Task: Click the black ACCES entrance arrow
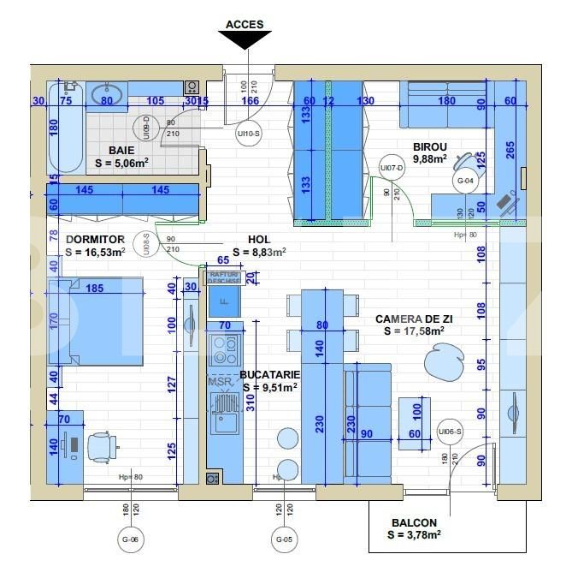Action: point(245,39)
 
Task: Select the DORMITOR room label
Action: point(95,240)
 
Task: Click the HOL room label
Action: point(260,241)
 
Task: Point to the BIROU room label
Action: point(430,146)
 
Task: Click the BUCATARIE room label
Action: point(269,374)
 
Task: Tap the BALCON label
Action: point(415,522)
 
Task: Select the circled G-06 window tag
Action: point(130,539)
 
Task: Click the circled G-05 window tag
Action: point(285,539)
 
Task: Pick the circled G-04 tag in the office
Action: point(465,181)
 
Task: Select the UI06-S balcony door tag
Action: point(449,432)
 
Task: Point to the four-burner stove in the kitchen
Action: point(225,349)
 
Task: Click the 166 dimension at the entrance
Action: point(251,101)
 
